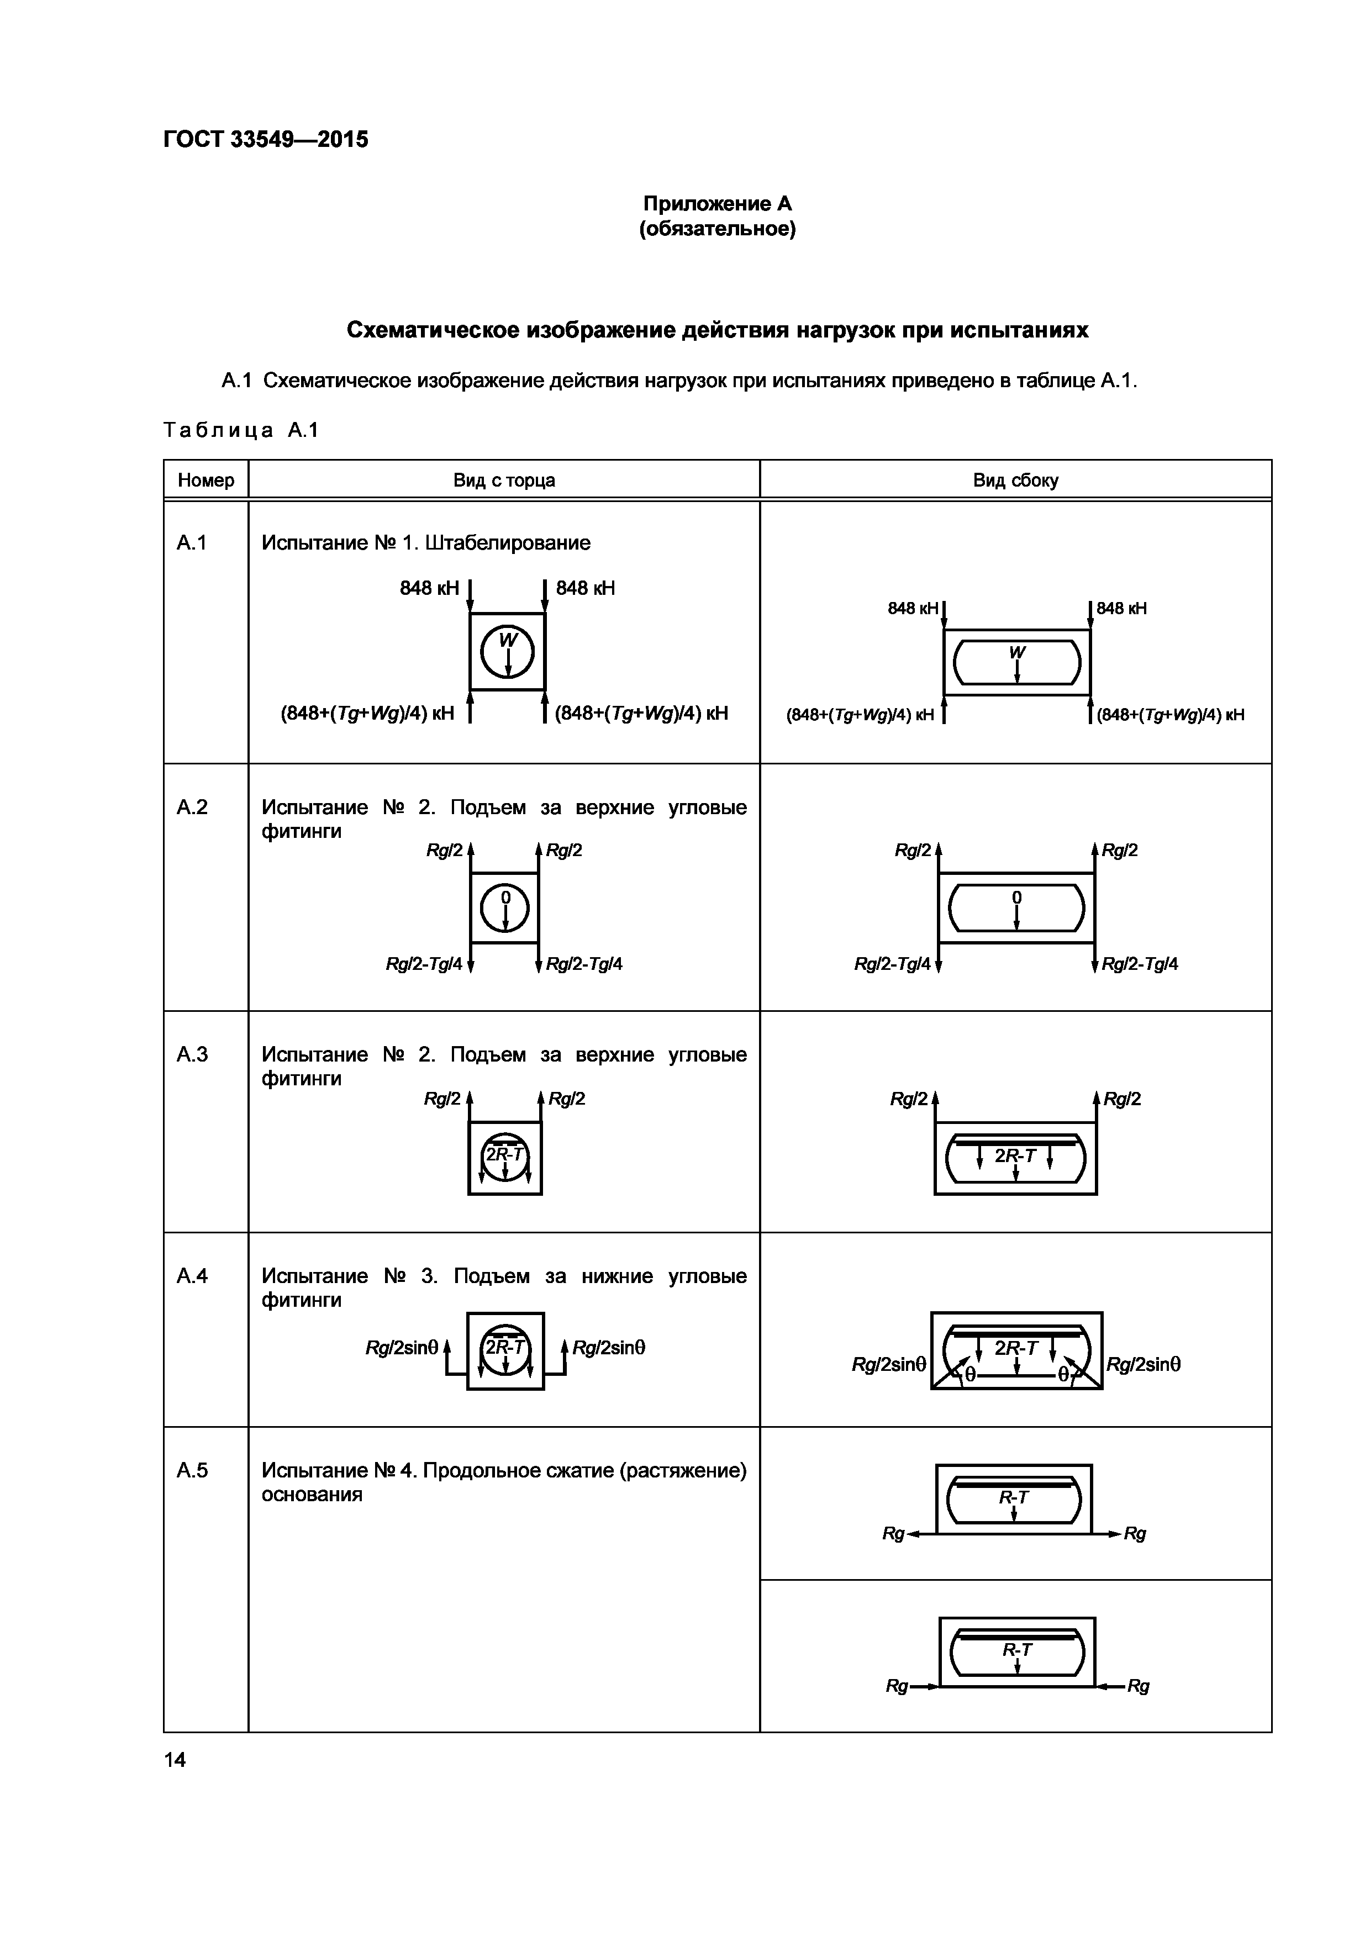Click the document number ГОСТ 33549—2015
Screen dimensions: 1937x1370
[x=266, y=139]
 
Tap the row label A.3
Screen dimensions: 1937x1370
[x=192, y=1054]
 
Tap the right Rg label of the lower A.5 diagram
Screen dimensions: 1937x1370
[x=1138, y=1686]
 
